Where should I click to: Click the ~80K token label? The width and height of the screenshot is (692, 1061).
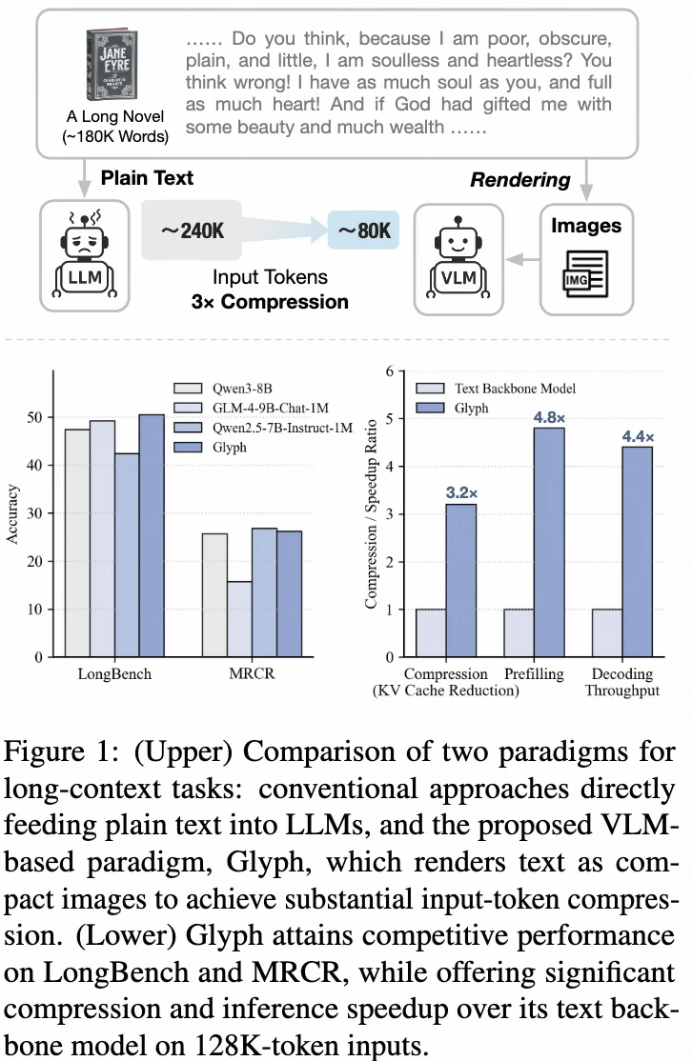363,230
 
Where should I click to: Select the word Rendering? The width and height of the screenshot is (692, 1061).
519,179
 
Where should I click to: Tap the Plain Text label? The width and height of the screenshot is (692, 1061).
147,178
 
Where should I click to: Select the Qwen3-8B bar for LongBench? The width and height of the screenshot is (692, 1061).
77,543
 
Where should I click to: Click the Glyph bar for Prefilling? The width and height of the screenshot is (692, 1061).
549,542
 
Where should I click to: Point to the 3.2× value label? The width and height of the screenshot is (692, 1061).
460,493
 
